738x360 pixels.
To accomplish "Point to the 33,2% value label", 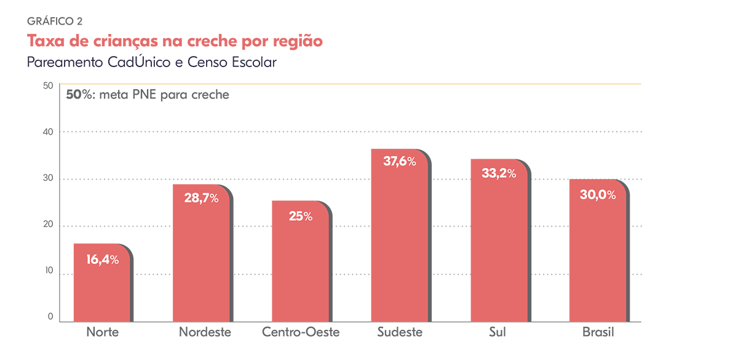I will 498,174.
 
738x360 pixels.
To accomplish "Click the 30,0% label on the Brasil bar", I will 598,194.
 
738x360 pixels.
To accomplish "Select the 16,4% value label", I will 102,260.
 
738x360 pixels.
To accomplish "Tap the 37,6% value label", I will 399,162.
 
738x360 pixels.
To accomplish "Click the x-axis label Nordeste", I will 205,333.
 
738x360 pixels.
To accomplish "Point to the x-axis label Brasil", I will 598,333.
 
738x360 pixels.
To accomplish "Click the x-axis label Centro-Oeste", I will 301,333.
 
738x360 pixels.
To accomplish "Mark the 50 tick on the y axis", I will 48,86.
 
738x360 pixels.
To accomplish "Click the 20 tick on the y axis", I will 48,226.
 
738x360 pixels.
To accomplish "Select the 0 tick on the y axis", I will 50,317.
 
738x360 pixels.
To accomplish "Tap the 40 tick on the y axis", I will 48,132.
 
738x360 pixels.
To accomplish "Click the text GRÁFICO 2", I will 55,21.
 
